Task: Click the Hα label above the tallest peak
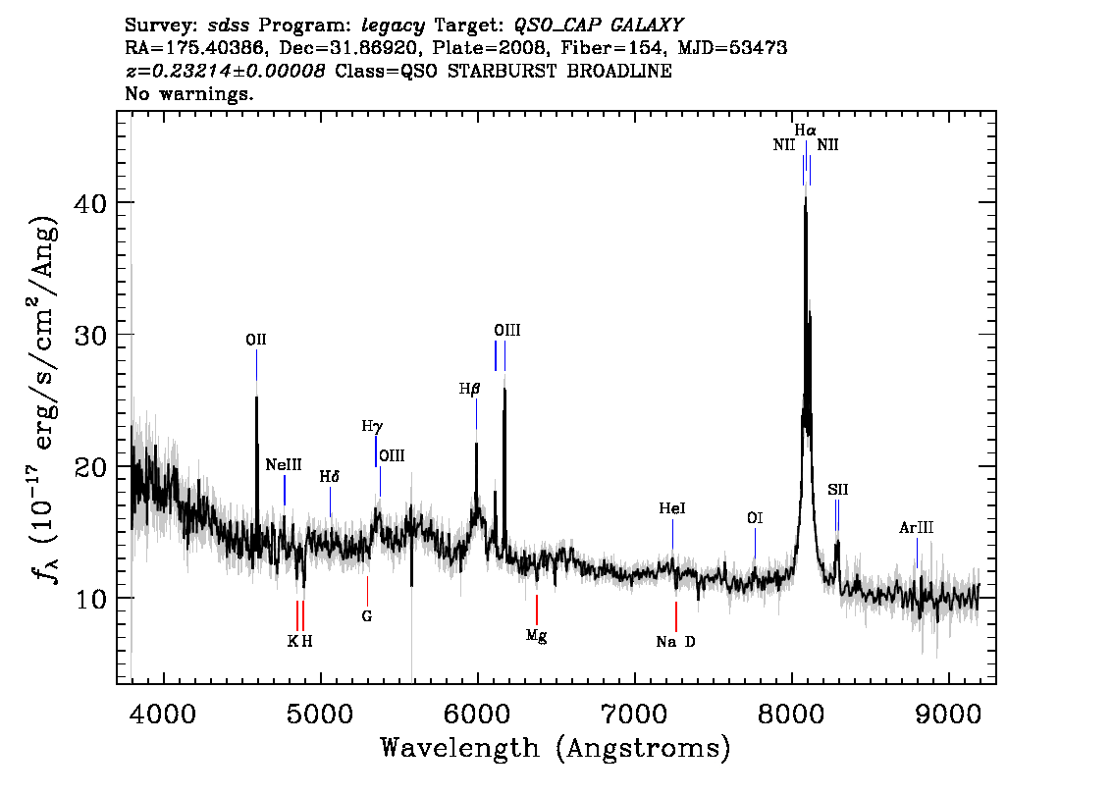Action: coord(805,130)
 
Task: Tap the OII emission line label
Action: coord(256,340)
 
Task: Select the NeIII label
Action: coord(284,465)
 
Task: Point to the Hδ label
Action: coord(330,476)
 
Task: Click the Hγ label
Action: coord(372,427)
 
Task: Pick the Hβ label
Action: coord(469,389)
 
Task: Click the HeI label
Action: coord(672,508)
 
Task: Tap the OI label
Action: coord(755,518)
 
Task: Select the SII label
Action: coord(837,489)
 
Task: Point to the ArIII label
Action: coord(917,527)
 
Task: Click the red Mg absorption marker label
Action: coord(537,636)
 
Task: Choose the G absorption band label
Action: coord(367,616)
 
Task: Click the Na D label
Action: coord(675,642)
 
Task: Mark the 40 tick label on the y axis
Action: coord(90,204)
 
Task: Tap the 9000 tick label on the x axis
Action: coord(947,715)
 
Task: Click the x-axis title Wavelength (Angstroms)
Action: coord(556,748)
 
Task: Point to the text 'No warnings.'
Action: coord(188,93)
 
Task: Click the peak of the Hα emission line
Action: coord(805,196)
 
